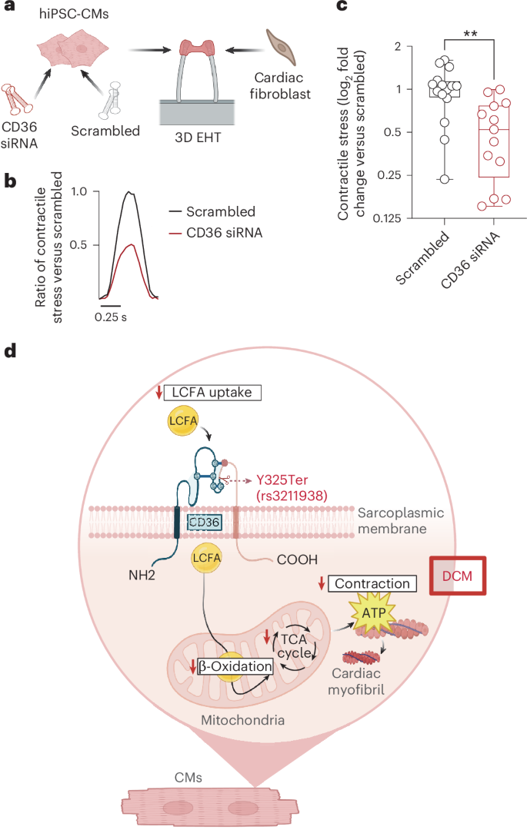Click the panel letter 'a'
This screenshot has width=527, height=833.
point(10,11)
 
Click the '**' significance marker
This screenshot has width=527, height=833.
point(469,35)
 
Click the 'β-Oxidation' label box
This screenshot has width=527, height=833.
point(235,666)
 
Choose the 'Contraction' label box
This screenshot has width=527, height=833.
point(373,584)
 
